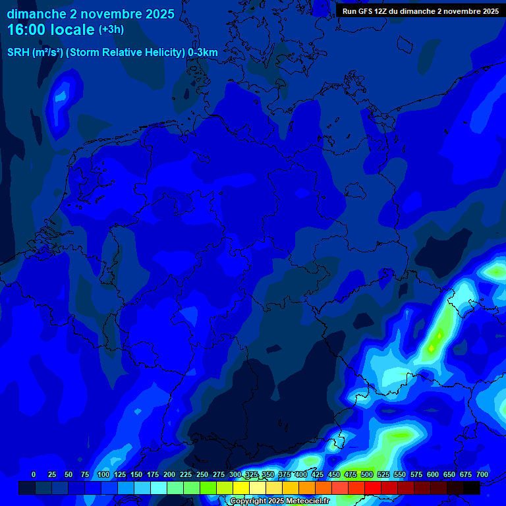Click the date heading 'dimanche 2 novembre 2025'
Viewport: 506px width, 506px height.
coord(91,14)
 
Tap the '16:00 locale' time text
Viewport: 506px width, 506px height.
coord(51,30)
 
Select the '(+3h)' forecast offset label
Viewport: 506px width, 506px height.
coord(111,30)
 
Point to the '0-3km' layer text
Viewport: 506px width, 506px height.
coord(202,52)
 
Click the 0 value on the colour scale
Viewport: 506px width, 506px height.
coord(34,474)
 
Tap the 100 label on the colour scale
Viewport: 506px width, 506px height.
coord(103,474)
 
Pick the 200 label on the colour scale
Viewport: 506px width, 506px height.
coord(169,474)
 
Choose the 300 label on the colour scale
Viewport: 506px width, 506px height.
coord(235,474)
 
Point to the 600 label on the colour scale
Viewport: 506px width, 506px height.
coord(433,474)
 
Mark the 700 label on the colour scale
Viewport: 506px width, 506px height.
coord(482,474)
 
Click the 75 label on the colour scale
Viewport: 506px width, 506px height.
coord(85,474)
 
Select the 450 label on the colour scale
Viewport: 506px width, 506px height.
coord(334,474)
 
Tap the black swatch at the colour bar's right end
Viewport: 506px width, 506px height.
coord(472,488)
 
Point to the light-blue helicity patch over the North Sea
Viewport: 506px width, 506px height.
coord(61,96)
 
